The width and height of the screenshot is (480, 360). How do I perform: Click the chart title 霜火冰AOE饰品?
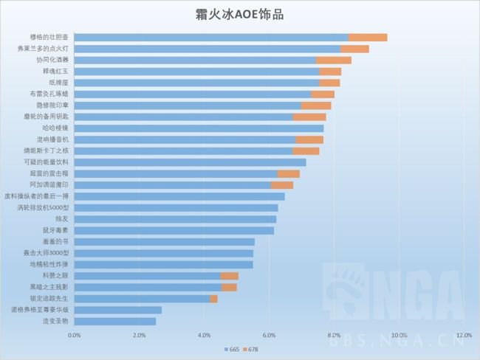241,14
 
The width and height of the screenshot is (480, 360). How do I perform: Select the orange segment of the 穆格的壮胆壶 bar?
368,37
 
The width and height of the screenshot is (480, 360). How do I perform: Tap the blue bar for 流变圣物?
115,322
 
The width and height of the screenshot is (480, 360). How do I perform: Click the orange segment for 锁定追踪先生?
213,299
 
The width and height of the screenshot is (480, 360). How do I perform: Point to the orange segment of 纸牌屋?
329,83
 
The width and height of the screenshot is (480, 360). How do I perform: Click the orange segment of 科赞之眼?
230,276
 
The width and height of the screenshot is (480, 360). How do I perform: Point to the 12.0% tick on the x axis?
464,336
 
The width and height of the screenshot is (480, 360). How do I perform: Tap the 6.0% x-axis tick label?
269,336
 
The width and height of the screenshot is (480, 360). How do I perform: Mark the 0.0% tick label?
75,336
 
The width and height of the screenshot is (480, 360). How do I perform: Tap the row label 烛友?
61,219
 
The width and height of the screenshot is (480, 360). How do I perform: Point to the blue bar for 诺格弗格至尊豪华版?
118,310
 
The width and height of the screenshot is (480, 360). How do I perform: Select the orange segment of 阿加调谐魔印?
282,185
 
